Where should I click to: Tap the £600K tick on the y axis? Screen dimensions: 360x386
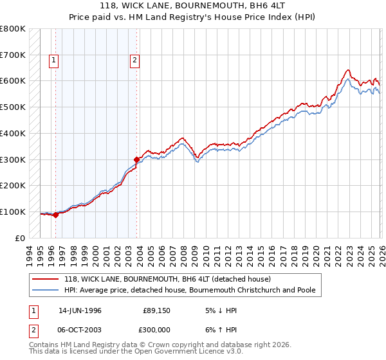coord(12,81)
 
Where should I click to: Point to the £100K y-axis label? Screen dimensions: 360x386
coord(12,212)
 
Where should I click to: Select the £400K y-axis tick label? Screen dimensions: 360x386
coord(12,133)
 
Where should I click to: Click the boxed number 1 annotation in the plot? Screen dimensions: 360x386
coord(53,61)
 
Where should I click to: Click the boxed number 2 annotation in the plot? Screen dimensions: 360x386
coord(134,61)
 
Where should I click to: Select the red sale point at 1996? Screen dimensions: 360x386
coord(56,215)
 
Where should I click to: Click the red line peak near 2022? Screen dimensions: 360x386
coord(347,69)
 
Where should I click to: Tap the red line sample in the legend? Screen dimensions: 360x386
coord(46,279)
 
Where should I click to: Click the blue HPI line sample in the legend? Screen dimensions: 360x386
coord(46,290)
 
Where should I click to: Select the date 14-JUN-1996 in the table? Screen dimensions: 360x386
coord(80,310)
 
